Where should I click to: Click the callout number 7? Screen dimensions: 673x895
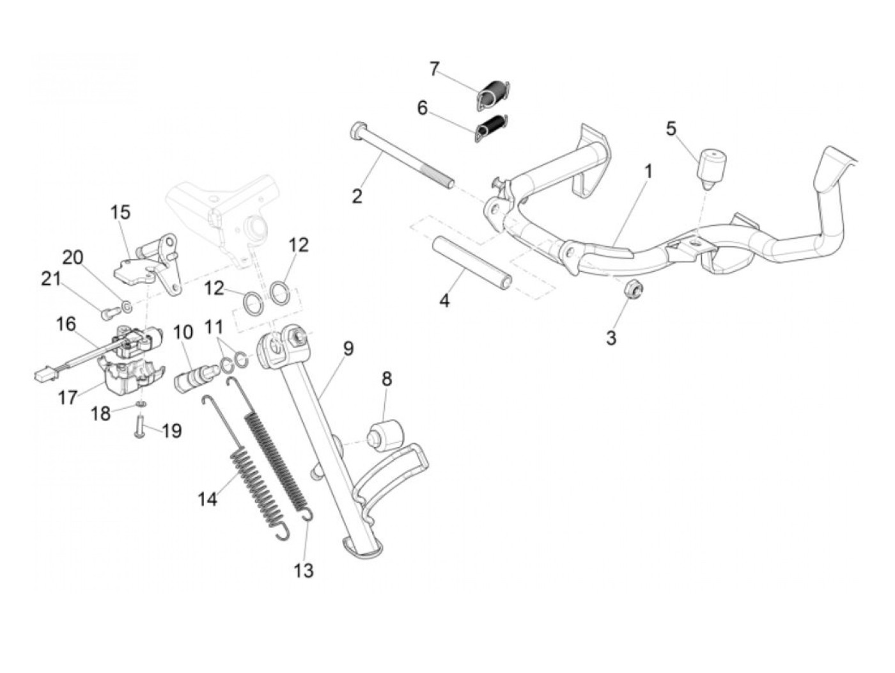(435, 68)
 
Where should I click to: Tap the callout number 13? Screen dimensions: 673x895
(304, 569)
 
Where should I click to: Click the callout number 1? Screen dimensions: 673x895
(649, 171)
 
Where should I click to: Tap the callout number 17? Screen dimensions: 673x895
(68, 398)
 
